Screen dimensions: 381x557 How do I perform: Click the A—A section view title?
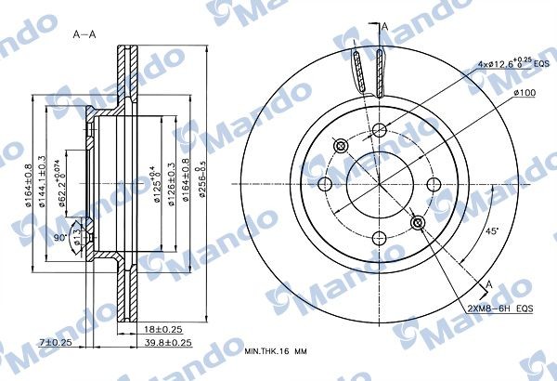[84, 33]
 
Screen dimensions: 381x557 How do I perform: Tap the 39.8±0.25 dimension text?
[167, 342]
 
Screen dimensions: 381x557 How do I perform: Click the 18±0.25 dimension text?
[162, 329]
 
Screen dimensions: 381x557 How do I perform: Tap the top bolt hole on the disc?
[380, 129]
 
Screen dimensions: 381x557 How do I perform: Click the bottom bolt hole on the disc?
[380, 238]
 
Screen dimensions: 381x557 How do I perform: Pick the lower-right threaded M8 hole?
[419, 222]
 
